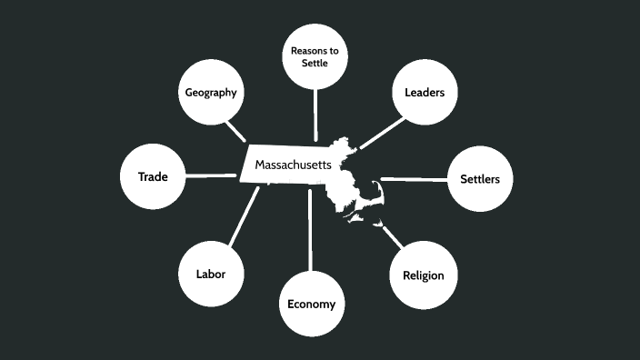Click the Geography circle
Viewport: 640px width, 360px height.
pos(211,93)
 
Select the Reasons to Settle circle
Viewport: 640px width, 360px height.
pos(315,56)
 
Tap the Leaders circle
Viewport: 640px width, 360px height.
pos(424,93)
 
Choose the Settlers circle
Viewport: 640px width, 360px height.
pos(479,179)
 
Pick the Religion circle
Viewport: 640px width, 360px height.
pos(423,275)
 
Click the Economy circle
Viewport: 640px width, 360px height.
pos(311,305)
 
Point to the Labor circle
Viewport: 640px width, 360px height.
pos(210,274)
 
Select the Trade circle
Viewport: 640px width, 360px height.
pos(152,176)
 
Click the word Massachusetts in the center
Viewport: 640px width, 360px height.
pos(293,165)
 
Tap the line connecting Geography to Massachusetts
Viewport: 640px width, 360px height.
pos(237,131)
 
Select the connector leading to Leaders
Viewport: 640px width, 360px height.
pos(380,133)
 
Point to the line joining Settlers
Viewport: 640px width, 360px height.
pos(414,179)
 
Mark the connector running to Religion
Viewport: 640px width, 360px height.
pos(392,237)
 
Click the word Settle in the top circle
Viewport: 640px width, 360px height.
pos(315,63)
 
